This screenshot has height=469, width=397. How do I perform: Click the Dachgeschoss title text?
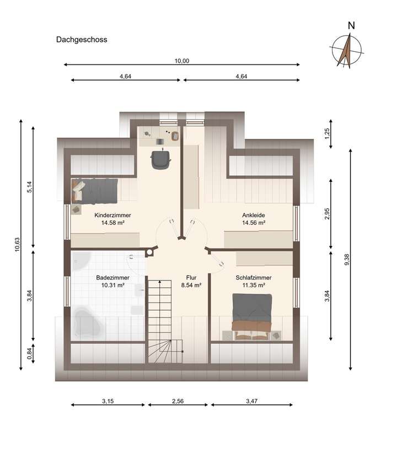[x=82, y=40]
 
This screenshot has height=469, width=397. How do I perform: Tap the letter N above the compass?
[x=351, y=26]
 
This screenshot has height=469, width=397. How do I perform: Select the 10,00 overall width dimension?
[x=182, y=61]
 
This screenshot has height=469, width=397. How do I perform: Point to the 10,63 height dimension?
[x=17, y=244]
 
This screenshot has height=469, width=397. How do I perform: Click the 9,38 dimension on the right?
[x=347, y=260]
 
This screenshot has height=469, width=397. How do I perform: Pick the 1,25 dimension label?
[x=327, y=133]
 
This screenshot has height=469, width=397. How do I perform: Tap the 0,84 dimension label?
[x=29, y=354]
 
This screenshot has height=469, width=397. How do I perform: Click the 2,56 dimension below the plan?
[x=178, y=401]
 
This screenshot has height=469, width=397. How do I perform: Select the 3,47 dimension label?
[x=251, y=401]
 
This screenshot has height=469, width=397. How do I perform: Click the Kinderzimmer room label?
[x=113, y=215]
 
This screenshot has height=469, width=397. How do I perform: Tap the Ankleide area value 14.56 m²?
[x=254, y=223]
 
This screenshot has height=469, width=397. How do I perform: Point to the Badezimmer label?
[x=113, y=278]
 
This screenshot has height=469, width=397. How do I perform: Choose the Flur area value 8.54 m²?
[x=191, y=285]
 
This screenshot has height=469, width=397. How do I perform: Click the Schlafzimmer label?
[x=254, y=278]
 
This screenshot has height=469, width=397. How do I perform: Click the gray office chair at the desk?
[x=161, y=159]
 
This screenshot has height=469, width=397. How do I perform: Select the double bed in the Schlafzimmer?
[x=252, y=316]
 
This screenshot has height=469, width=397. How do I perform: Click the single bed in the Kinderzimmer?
[x=94, y=191]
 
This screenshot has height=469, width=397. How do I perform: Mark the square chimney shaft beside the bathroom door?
[x=149, y=253]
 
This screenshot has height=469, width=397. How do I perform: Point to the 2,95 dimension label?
[x=327, y=214]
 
